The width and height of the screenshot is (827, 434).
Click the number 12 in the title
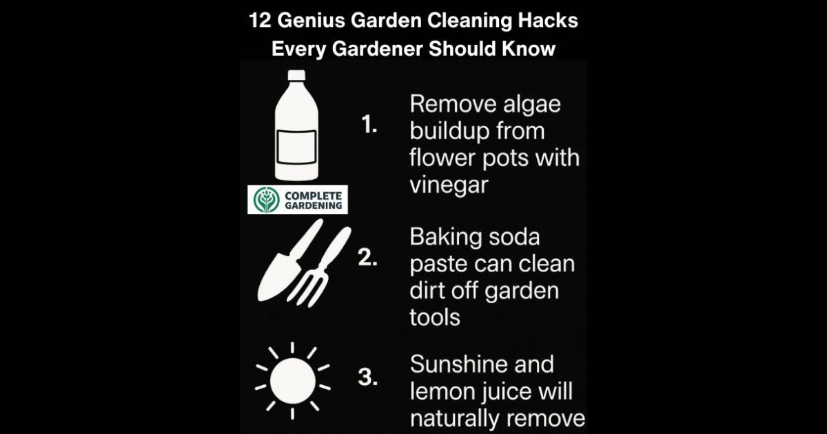(261, 20)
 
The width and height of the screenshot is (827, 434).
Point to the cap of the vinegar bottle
(296, 75)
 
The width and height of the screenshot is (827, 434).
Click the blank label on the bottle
(296, 147)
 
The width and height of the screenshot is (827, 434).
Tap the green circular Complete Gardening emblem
(266, 200)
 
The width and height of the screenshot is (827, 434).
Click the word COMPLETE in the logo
(314, 196)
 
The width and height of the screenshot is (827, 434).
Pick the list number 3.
(368, 378)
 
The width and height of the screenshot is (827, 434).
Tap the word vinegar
(449, 185)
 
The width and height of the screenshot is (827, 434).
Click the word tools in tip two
(435, 318)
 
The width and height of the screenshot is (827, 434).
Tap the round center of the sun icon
(293, 381)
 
